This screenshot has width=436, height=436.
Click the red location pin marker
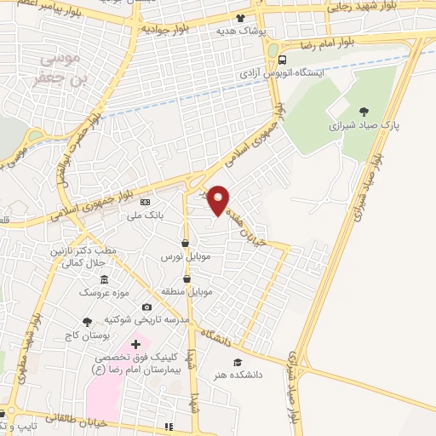[x=219, y=198]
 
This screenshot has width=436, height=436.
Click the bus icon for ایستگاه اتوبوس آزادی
[x=272, y=60]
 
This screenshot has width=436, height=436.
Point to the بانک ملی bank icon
[x=145, y=203]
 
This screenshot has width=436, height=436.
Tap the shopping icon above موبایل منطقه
[x=186, y=278]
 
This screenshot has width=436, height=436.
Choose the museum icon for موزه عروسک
[x=104, y=280]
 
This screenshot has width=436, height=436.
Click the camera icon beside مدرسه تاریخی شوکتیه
[x=146, y=307]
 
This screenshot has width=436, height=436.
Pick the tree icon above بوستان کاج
[x=86, y=322]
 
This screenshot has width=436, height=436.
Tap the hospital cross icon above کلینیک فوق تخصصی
[x=135, y=344]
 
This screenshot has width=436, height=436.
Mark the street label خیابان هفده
[x=250, y=222]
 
